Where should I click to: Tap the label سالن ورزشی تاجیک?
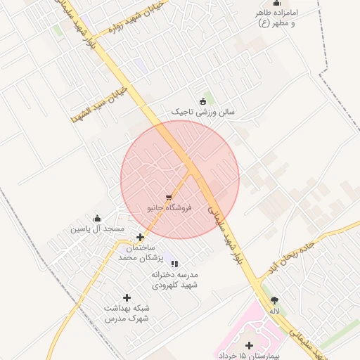205,112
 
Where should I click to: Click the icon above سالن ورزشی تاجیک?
204,101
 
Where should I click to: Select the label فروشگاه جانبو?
165,208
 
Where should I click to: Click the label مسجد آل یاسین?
97,229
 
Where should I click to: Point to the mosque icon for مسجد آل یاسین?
97,218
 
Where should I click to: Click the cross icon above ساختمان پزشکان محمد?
141,238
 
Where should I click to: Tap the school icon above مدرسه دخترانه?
174,263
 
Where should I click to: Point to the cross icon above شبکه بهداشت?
127,298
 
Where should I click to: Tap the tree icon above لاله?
274,300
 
